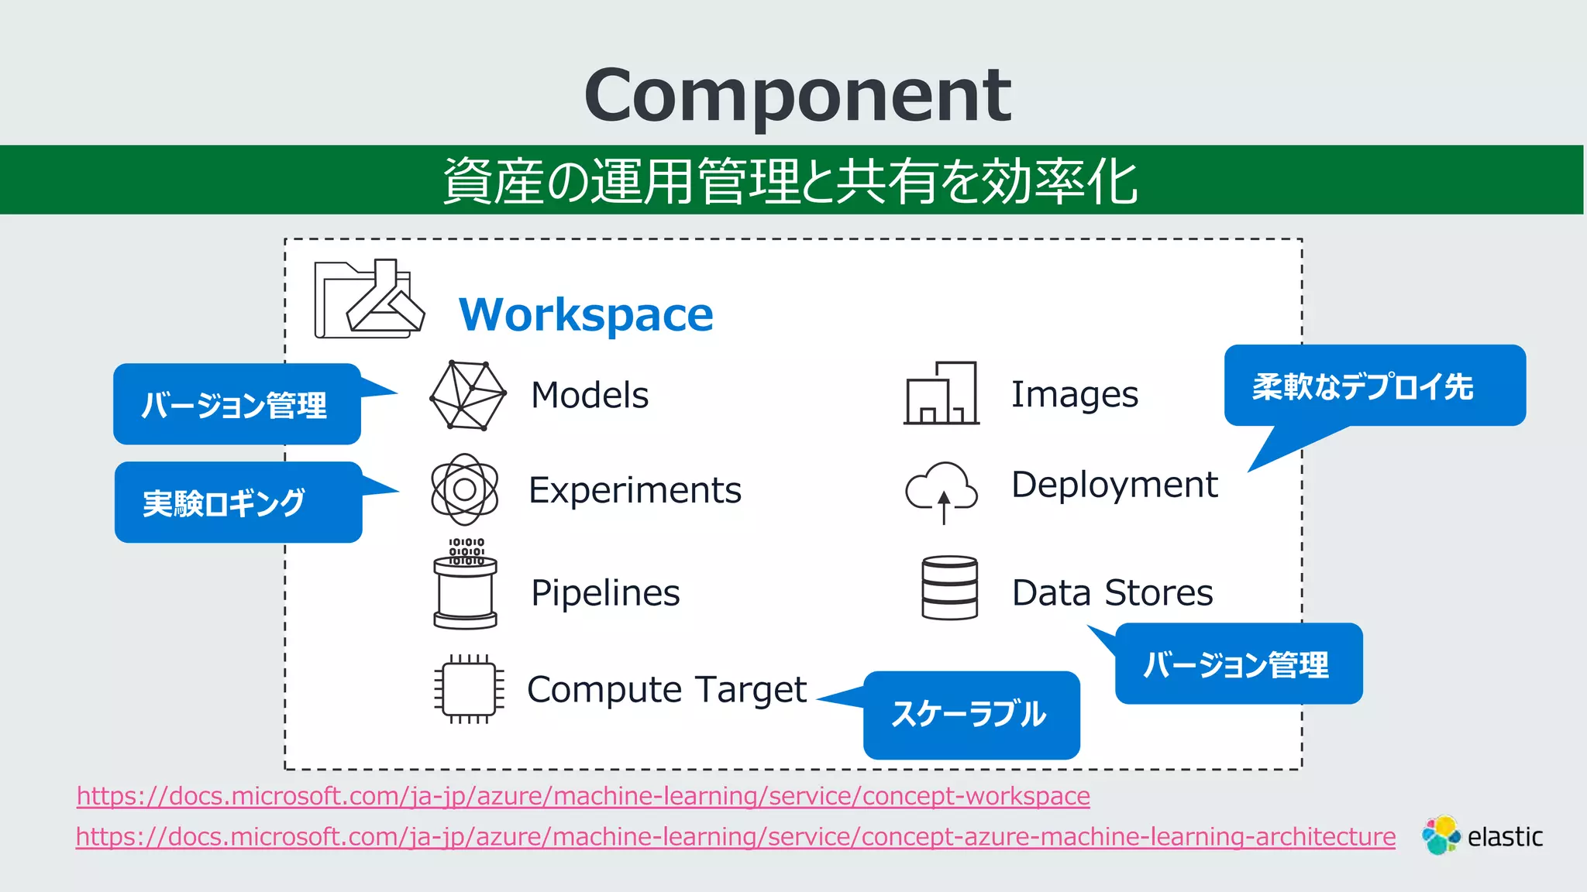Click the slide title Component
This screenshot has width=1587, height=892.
(797, 94)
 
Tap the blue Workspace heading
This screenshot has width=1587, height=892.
(586, 314)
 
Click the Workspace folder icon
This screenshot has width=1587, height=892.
(369, 300)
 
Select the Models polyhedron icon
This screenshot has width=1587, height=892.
(467, 396)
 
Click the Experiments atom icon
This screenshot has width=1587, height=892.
(464, 489)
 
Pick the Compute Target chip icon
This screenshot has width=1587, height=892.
(469, 689)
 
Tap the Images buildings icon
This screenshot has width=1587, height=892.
(942, 393)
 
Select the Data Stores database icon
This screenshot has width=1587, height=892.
(949, 588)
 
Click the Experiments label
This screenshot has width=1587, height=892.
(635, 490)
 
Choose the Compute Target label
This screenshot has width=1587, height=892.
(666, 689)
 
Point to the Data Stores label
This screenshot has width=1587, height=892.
(1112, 593)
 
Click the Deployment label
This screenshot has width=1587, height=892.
(1114, 485)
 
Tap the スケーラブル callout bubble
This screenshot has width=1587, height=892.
(971, 714)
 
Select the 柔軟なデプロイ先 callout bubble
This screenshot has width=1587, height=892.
(1374, 386)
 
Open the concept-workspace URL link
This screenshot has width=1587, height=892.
(583, 796)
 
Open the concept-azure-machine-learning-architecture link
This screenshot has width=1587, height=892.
(735, 837)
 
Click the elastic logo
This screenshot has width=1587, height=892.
(1482, 836)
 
